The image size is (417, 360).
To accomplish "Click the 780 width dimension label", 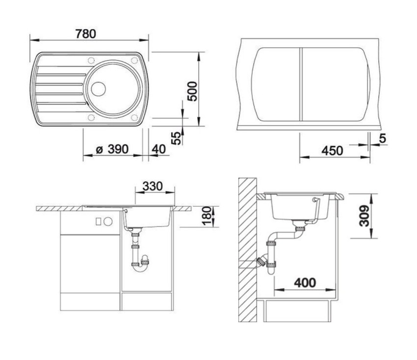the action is coord(86,34).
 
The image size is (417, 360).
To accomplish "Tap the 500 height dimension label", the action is coord(192,91).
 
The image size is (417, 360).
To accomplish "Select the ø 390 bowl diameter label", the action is coord(112,149).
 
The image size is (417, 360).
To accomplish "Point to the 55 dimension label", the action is coord(176,138).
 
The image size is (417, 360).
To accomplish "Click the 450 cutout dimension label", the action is coord(333,151).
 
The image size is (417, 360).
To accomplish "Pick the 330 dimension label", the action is coord(153,186).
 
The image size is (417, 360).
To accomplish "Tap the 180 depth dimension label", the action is coord(208,216).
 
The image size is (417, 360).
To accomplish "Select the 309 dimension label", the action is coord(364,216).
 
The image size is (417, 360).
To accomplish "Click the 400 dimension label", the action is coord(305,282).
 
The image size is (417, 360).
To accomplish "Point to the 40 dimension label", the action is coord(159,149).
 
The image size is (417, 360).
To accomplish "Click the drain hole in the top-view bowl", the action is coord(99,89).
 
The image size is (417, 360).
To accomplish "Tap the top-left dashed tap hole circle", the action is coord(91,61).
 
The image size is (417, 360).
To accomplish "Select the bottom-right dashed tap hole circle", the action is coord(134,118).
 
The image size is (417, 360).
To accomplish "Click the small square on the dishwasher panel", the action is coord(99,222).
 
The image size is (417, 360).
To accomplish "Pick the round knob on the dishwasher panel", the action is coord(108,222).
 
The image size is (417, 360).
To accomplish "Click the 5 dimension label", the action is coord(383,138).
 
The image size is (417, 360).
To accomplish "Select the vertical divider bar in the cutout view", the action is coord(301,84).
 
